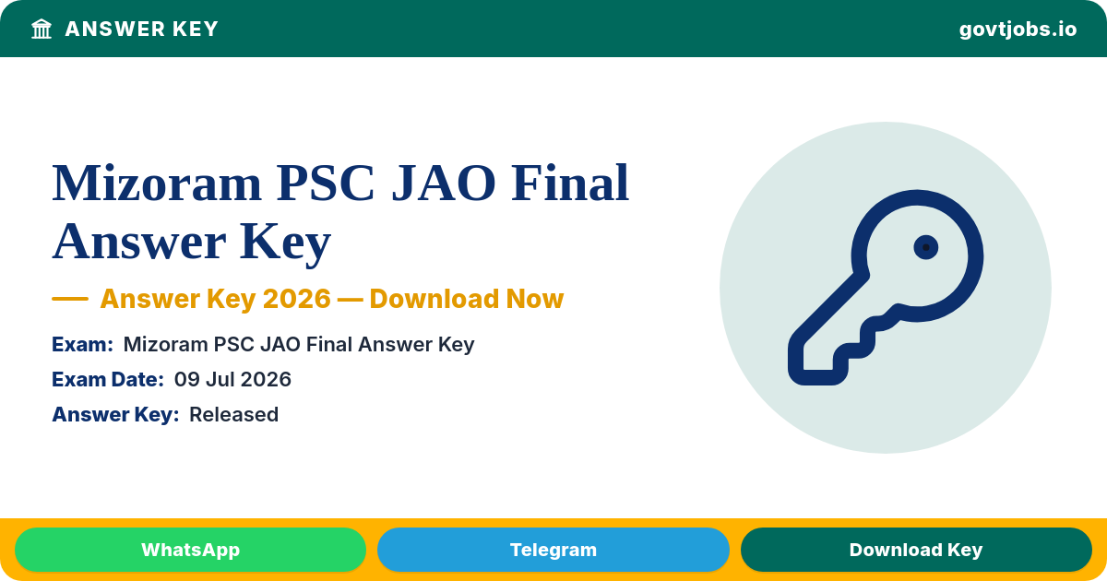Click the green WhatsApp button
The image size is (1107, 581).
190,550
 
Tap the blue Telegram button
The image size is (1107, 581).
553,550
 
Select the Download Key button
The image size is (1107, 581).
916,550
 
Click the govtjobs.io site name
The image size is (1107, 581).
1018,30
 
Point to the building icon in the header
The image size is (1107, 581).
42,29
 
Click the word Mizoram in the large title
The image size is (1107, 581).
157,184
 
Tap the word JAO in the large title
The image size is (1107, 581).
444,184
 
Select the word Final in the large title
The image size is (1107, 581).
570,183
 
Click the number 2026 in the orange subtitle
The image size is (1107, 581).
296,299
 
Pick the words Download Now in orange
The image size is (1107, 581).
467,299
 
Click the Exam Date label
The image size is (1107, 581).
108,379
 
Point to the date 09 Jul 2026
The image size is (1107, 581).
232,379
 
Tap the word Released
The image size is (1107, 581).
233,414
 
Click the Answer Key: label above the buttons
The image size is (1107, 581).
115,414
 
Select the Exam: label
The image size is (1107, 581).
82,344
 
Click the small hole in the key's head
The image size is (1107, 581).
926,247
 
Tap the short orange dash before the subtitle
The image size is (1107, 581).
70,299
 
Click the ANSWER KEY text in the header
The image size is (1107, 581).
141,30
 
